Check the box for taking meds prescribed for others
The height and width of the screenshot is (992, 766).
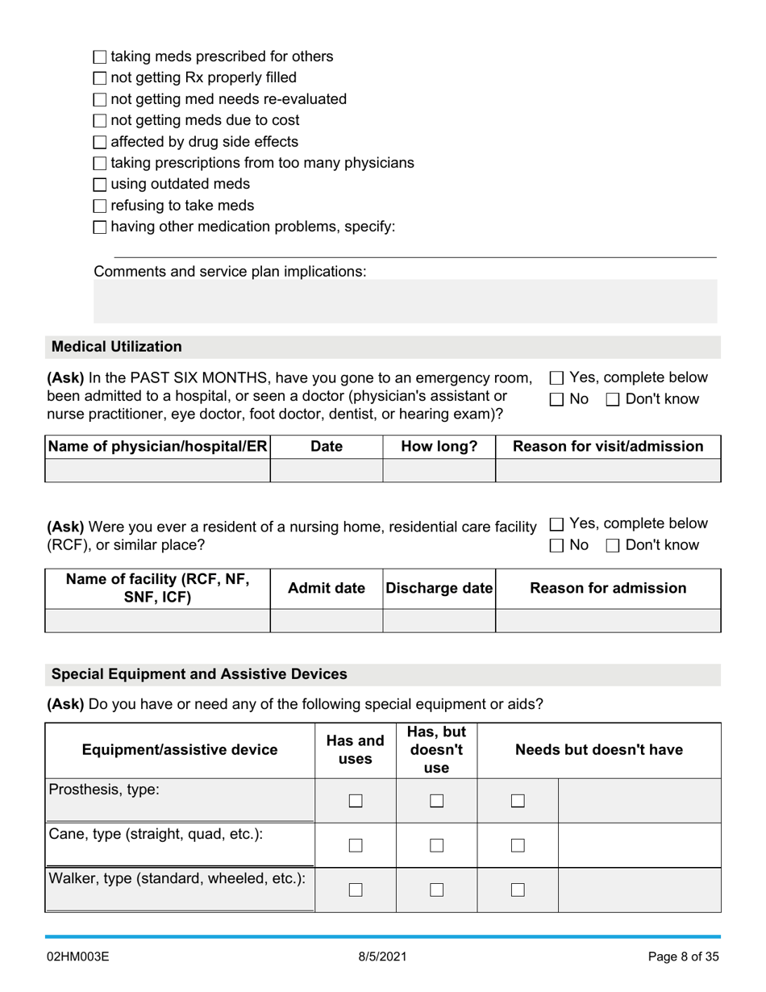pyautogui.click(x=100, y=57)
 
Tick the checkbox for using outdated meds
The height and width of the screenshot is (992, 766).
pyautogui.click(x=100, y=185)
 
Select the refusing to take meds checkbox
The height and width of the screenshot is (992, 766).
pyautogui.click(x=100, y=206)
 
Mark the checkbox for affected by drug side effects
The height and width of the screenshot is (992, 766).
pyautogui.click(x=100, y=143)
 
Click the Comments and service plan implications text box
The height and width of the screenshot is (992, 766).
pyautogui.click(x=405, y=301)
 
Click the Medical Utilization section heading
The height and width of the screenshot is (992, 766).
pyautogui.click(x=117, y=347)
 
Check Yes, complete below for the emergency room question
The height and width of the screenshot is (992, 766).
pyautogui.click(x=556, y=378)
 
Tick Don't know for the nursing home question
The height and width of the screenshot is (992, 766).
pyautogui.click(x=613, y=546)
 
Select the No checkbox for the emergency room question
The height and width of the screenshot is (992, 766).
pyautogui.click(x=556, y=400)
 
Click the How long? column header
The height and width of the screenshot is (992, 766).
pyautogui.click(x=439, y=447)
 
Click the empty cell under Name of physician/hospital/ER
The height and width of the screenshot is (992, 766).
pyautogui.click(x=157, y=470)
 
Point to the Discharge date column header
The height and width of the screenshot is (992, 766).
pyautogui.click(x=439, y=589)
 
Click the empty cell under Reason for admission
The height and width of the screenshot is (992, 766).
pyautogui.click(x=608, y=620)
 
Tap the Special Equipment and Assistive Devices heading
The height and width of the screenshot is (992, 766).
pyautogui.click(x=199, y=674)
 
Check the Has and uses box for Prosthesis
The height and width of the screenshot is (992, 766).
pyautogui.click(x=356, y=801)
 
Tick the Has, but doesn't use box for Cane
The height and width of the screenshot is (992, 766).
pyautogui.click(x=436, y=845)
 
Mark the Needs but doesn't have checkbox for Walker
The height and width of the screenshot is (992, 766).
pyautogui.click(x=518, y=890)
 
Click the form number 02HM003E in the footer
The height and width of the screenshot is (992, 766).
pyautogui.click(x=77, y=957)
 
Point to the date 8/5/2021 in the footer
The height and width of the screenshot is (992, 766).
pyautogui.click(x=383, y=957)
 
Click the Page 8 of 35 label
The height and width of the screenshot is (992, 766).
pyautogui.click(x=683, y=957)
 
